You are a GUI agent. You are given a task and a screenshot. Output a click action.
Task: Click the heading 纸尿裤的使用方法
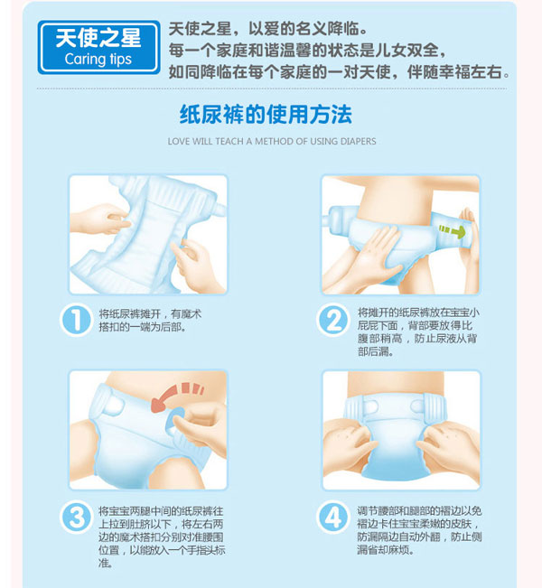pos(271,115)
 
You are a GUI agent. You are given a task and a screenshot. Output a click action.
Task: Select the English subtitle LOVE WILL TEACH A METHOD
pos(271,142)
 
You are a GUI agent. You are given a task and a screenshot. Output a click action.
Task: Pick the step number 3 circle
pos(77,516)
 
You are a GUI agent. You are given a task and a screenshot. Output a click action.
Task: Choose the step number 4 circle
pos(333,516)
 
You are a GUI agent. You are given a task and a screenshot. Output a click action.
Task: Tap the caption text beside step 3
pos(156,536)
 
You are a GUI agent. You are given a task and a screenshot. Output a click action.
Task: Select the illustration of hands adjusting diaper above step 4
pos(401,430)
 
